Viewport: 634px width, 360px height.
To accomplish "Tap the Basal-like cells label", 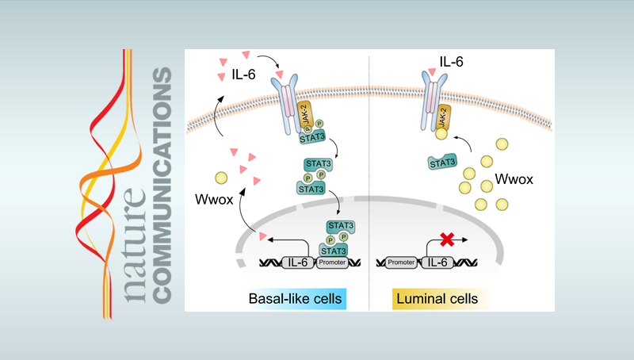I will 295,299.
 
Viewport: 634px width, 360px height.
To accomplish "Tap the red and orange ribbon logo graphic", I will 112,174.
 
